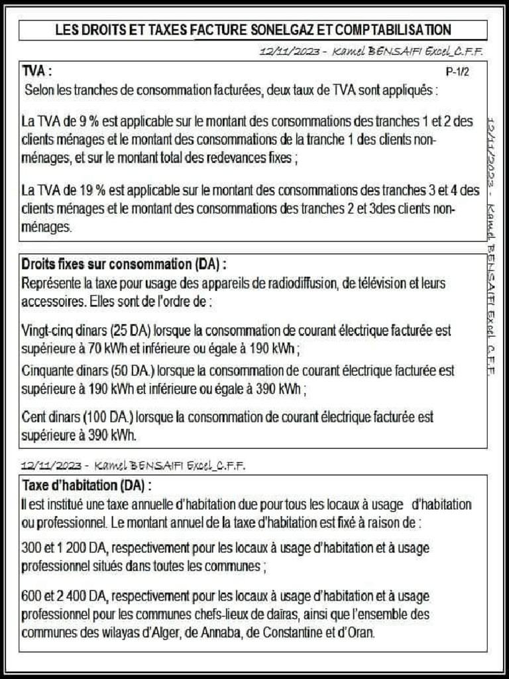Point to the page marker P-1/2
457,73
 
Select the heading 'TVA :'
37,71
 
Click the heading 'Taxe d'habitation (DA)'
84,485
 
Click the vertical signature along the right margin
491,245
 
